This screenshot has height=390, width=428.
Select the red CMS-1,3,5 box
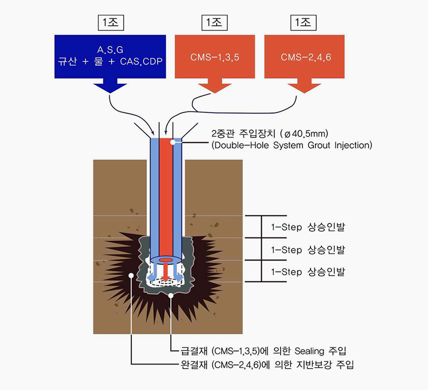pyautogui.click(x=214, y=57)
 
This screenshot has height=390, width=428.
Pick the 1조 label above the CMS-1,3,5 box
pyautogui.click(x=214, y=22)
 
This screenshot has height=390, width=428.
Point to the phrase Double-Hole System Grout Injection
pyautogui.click(x=291, y=145)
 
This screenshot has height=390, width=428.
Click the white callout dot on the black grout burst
pyautogui.click(x=131, y=274)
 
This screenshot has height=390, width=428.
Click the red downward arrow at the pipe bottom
pyautogui.click(x=165, y=273)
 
